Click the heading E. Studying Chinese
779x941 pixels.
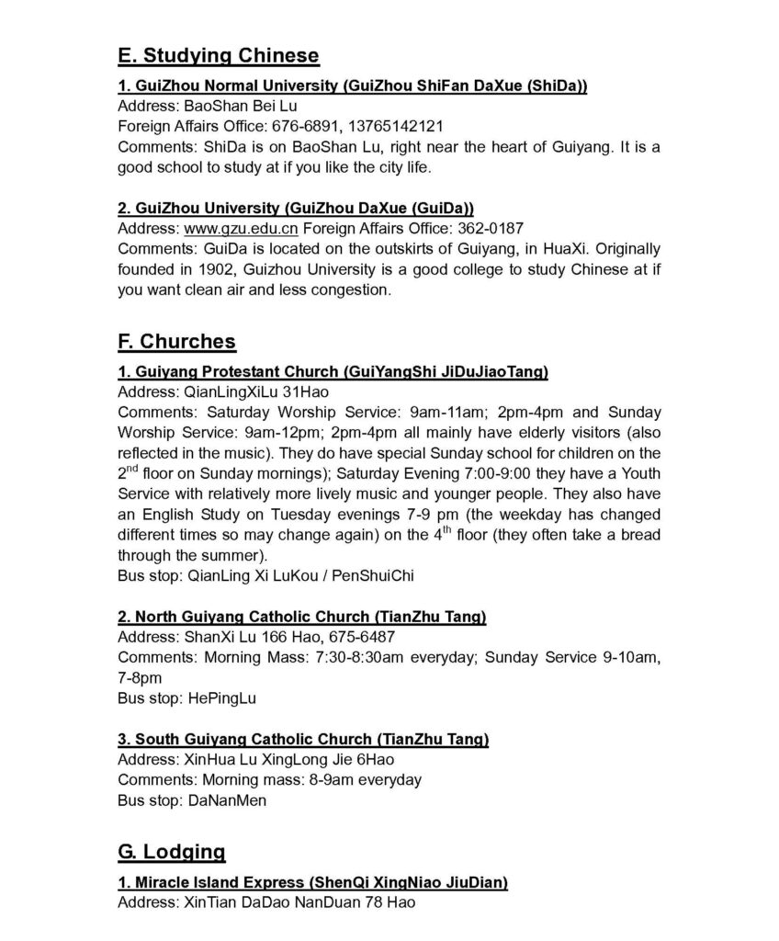tap(219, 56)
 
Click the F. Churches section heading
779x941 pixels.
tap(176, 342)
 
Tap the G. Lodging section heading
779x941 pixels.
tap(171, 852)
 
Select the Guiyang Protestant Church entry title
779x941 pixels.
tap(333, 371)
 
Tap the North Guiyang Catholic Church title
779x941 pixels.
tap(301, 617)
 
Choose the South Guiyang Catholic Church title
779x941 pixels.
tap(303, 739)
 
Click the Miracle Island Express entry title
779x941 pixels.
tap(312, 883)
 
